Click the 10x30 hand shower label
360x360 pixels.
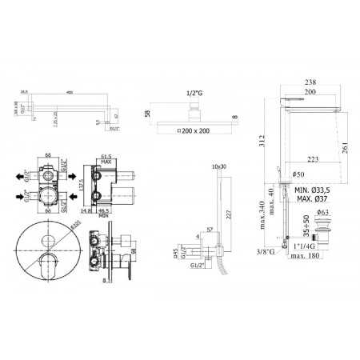pyautogui.click(x=220, y=166)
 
